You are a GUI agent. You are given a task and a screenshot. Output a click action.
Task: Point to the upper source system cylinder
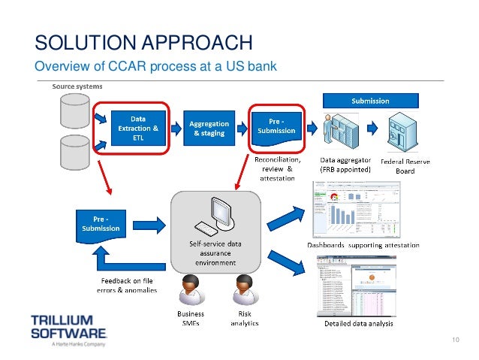(x=71, y=112)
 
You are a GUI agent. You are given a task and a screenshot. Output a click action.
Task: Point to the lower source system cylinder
(x=71, y=153)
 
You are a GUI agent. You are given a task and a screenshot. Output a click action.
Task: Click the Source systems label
(x=77, y=86)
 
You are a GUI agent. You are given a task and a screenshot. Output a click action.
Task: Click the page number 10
(x=454, y=343)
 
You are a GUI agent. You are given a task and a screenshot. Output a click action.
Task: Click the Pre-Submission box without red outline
(x=101, y=224)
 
